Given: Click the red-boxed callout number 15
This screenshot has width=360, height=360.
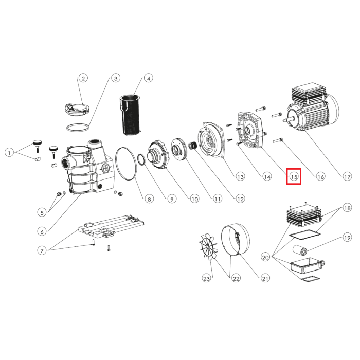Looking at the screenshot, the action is pyautogui.click(x=294, y=176).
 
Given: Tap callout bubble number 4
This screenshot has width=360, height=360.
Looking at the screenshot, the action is pyautogui.click(x=149, y=78).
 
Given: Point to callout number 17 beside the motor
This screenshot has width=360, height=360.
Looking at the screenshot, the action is pyautogui.click(x=347, y=176).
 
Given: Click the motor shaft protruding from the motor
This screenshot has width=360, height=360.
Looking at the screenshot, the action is pyautogui.click(x=289, y=120).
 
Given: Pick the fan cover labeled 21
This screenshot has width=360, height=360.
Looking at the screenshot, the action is pyautogui.click(x=236, y=239).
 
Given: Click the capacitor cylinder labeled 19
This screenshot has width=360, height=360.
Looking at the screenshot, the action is pyautogui.click(x=300, y=250).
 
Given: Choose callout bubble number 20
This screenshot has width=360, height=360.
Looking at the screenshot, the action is pyautogui.click(x=265, y=257).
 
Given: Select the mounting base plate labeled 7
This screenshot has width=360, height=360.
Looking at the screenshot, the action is pyautogui.click(x=112, y=227).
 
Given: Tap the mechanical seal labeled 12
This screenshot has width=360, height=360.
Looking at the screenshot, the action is pyautogui.click(x=192, y=146).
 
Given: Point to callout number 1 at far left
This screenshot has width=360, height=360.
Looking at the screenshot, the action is pyautogui.click(x=9, y=153).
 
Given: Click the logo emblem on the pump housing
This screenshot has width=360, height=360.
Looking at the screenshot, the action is pyautogui.click(x=106, y=168).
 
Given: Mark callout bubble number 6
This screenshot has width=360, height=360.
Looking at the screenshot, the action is pyautogui.click(x=42, y=232).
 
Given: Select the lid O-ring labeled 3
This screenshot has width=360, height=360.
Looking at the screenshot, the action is pyautogui.click(x=78, y=128).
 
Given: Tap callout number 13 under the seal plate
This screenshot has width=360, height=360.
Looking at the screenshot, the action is pyautogui.click(x=240, y=176).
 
